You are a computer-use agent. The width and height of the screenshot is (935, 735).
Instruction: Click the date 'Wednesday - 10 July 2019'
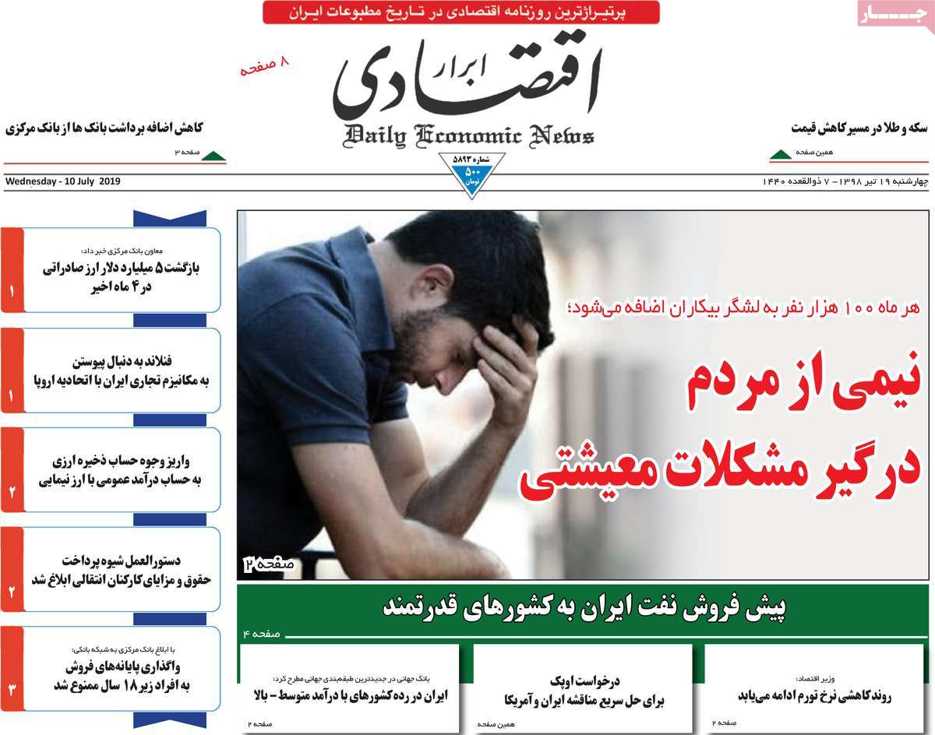tap(63, 182)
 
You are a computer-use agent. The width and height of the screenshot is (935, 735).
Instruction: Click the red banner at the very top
tap(460, 12)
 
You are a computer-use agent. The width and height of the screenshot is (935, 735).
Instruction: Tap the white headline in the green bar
tap(584, 607)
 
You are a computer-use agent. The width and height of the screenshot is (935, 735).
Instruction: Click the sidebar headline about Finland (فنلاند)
tap(117, 371)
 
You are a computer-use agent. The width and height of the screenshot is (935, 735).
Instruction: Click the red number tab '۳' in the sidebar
tap(12, 689)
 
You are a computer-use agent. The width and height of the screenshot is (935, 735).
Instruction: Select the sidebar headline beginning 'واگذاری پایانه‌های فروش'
tap(117, 676)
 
